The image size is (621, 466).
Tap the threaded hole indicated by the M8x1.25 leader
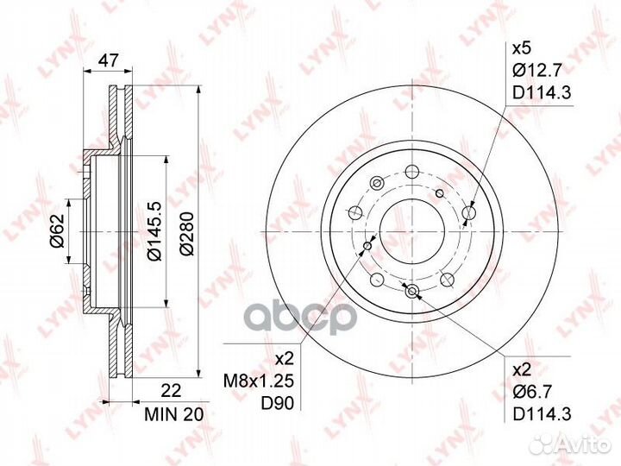(x=368, y=248)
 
